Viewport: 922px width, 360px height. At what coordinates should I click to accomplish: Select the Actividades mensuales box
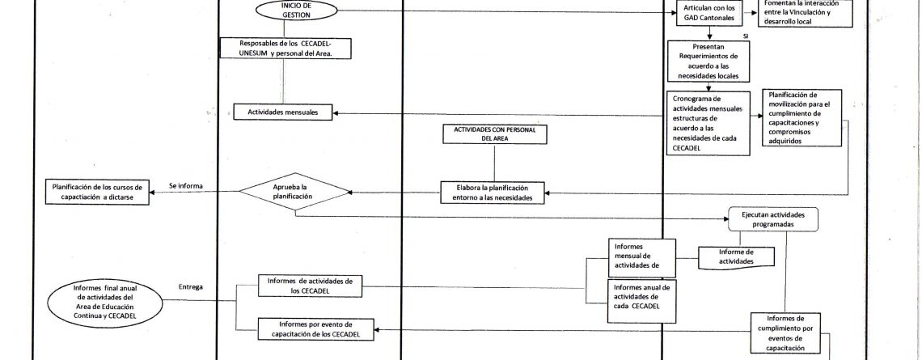point(283,112)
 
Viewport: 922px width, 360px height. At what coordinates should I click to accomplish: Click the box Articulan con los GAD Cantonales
point(710,13)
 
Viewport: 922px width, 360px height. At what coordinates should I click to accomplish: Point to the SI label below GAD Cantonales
point(746,36)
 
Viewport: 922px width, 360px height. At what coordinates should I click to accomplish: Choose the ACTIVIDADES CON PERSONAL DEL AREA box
point(495,134)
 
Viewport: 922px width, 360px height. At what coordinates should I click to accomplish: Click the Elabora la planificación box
point(493,193)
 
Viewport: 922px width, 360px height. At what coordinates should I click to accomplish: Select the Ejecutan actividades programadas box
point(772,218)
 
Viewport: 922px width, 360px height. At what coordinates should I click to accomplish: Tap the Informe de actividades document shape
point(736,257)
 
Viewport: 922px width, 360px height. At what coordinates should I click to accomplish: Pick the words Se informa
point(186,186)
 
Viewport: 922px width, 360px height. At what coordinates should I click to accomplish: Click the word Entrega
point(191,287)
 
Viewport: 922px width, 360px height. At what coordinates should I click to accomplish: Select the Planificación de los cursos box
point(97,192)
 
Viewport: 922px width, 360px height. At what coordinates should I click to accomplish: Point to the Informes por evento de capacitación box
point(315,328)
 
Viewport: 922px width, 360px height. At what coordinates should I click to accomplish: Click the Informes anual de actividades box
point(641,301)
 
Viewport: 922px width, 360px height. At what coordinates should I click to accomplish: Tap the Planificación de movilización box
point(802,117)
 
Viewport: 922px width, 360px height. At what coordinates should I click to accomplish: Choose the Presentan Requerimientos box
point(708,61)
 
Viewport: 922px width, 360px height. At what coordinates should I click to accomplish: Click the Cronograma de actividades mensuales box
point(708,122)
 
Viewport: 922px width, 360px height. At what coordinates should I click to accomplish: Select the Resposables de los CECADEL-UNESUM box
point(285,48)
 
